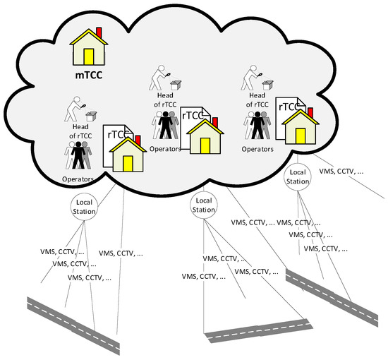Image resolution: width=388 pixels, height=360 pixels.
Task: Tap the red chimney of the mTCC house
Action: click(99, 33)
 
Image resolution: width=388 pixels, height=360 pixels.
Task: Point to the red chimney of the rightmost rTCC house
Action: click(310, 111)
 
